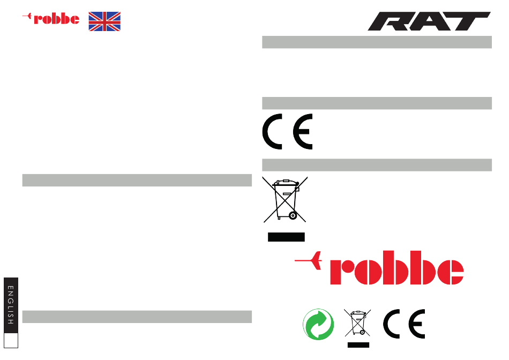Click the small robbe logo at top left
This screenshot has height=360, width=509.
point(51,19)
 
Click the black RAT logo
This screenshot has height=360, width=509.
point(429,21)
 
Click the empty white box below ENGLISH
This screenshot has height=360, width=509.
point(11,340)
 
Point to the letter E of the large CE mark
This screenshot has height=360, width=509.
point(303,131)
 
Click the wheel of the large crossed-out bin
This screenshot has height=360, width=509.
point(292,215)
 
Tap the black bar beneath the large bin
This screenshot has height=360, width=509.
point(286,237)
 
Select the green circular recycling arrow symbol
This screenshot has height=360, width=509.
point(318,325)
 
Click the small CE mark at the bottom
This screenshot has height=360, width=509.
point(404,324)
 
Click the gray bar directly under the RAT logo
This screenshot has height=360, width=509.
point(377,42)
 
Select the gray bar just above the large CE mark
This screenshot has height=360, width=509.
point(377,103)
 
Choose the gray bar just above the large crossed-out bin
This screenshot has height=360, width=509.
point(377,165)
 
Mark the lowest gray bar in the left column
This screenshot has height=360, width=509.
point(137,317)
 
